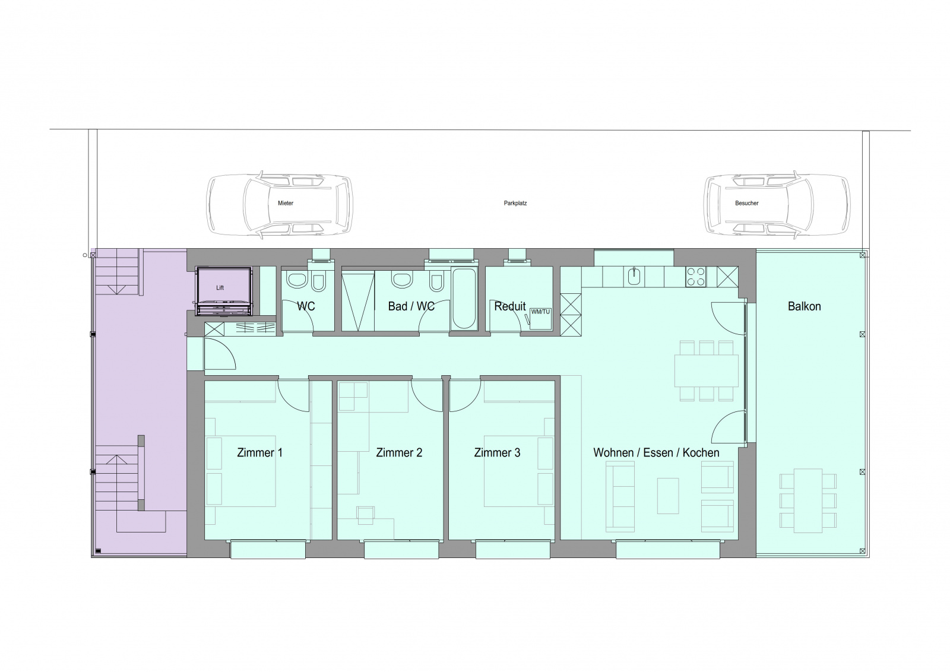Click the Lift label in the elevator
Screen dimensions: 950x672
click(220, 288)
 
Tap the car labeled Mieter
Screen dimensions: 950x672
click(280, 203)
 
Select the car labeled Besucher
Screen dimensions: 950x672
click(777, 203)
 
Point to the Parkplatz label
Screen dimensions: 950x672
click(515, 203)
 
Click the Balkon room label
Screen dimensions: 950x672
click(804, 306)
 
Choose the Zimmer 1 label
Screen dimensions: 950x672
click(259, 452)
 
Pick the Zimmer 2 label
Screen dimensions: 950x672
click(399, 452)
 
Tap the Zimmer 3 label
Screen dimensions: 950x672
click(497, 452)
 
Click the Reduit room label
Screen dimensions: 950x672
click(510, 306)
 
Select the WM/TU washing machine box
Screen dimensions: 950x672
click(540, 319)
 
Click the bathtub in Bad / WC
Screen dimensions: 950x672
click(464, 299)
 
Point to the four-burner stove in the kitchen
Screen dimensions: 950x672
click(696, 277)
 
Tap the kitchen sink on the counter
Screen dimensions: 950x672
click(634, 277)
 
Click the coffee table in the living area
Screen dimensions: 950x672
click(668, 496)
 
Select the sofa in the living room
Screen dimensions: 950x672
click(620, 496)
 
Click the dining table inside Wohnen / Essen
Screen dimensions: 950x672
click(707, 370)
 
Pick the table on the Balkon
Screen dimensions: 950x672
click(808, 500)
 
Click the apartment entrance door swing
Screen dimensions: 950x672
click(220, 354)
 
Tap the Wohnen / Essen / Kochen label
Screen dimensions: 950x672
click(656, 452)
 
